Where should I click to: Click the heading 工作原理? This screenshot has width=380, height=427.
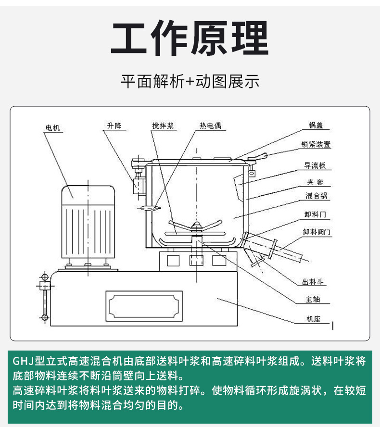190,39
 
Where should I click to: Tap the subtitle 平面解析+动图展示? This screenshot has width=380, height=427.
190,81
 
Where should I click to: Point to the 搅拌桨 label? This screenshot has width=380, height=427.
163,126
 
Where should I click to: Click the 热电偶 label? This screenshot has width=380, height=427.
210,126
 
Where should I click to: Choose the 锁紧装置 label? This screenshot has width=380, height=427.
316,144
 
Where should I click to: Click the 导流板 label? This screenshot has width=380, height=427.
315,165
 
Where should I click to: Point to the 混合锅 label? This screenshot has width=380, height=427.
317,196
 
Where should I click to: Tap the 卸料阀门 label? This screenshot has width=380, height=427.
317,232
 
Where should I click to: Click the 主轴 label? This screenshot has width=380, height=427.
312,300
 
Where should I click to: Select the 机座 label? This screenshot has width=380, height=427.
313,318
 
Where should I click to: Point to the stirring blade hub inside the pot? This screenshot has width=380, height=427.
196,226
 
